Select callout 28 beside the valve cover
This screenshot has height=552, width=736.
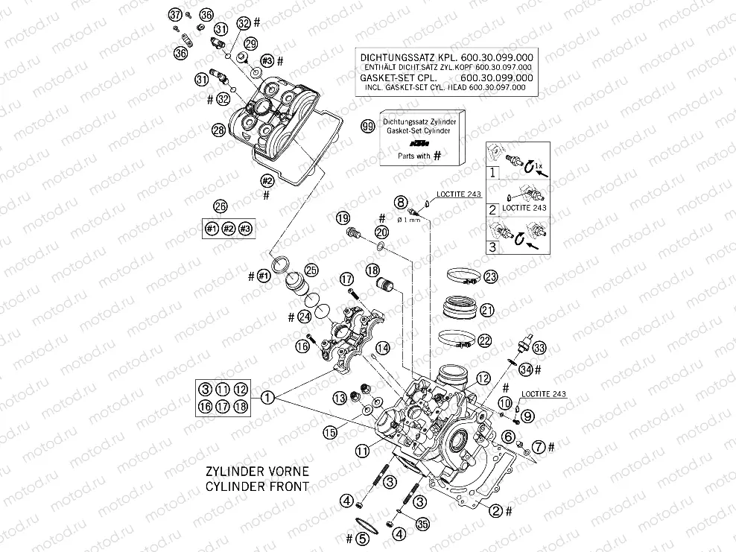pyautogui.click(x=218, y=130)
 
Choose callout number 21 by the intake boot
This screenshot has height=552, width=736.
pyautogui.click(x=487, y=309)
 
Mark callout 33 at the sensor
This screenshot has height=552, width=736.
pyautogui.click(x=539, y=348)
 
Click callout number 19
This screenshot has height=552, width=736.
pyautogui.click(x=342, y=218)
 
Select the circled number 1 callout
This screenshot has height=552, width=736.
pyautogui.click(x=267, y=398)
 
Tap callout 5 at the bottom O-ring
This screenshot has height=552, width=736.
pyautogui.click(x=361, y=537)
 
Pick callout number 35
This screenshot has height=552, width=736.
pyautogui.click(x=422, y=524)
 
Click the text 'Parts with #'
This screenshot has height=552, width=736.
pyautogui.click(x=415, y=156)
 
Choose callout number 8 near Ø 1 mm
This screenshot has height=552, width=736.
pyautogui.click(x=401, y=202)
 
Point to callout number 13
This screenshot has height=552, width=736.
pyautogui.click(x=340, y=396)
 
